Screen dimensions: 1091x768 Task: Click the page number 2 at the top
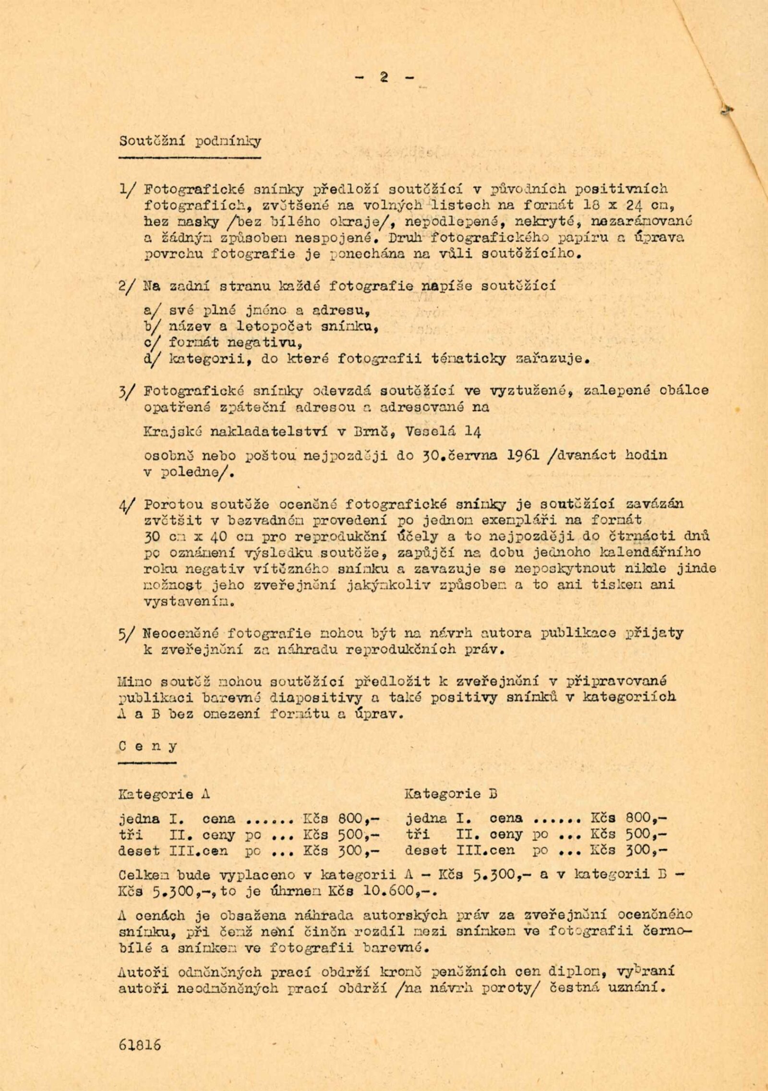(x=384, y=78)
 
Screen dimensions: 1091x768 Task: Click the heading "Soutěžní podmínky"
(x=190, y=142)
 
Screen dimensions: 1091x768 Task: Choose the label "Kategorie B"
(x=451, y=794)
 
